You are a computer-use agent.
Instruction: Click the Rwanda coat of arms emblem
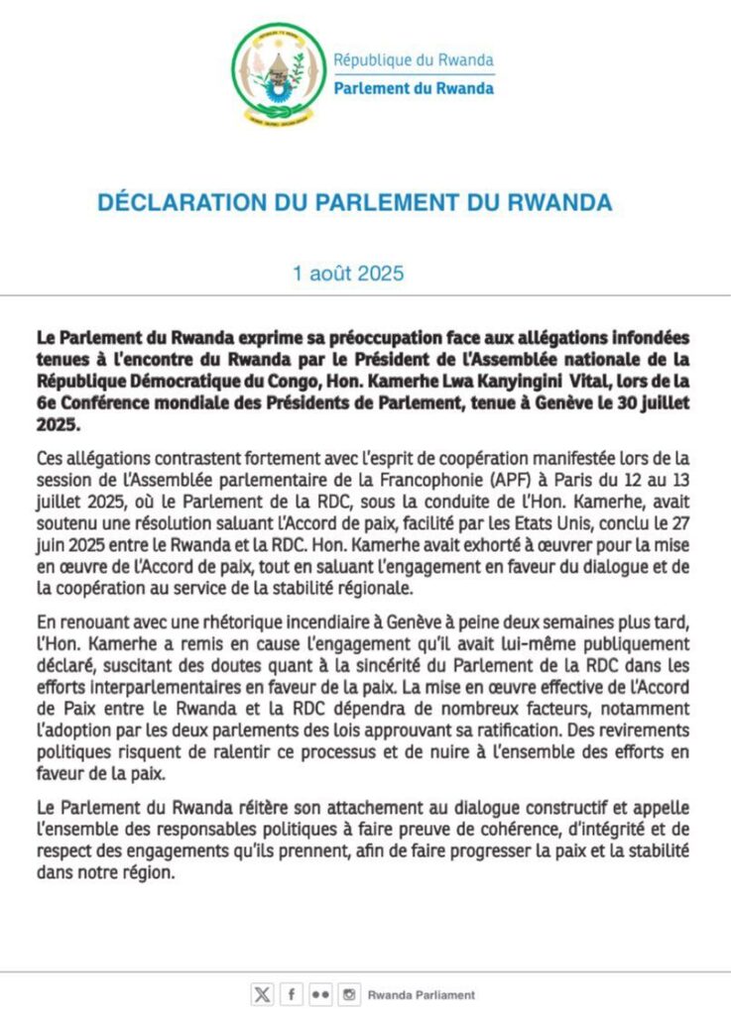(x=279, y=72)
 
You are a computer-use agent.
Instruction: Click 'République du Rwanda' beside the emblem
(x=414, y=59)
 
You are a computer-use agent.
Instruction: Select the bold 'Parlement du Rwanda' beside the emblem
(x=414, y=88)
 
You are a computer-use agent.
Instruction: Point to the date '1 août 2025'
(x=348, y=274)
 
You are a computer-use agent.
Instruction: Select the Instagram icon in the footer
(x=348, y=994)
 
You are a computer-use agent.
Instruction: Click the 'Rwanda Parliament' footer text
(x=422, y=994)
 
